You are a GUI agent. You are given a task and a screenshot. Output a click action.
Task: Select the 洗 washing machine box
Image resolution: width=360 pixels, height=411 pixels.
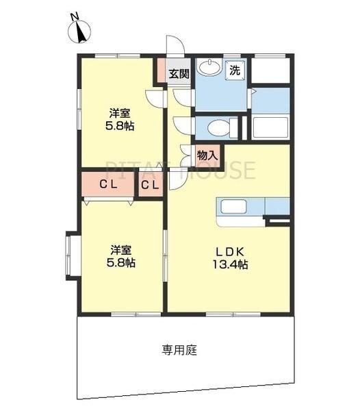click(235, 69)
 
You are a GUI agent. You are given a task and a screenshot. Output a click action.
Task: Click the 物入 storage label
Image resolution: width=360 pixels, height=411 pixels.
click(207, 155)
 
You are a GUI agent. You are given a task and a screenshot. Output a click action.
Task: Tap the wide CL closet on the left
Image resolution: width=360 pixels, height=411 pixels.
click(107, 184)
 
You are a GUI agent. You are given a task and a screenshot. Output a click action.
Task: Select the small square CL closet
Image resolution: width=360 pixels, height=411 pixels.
click(151, 184)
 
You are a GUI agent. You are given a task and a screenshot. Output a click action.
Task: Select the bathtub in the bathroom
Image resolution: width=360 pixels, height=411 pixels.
click(269, 127)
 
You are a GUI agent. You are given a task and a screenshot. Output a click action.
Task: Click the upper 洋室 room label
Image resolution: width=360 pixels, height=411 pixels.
click(120, 112)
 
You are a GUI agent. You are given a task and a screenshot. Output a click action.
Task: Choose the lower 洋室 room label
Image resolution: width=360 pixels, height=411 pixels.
click(120, 249)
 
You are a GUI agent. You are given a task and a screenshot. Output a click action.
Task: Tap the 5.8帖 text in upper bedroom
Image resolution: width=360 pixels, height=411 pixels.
click(120, 126)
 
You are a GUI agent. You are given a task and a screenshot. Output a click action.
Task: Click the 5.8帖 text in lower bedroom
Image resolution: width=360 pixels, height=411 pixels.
click(120, 263)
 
